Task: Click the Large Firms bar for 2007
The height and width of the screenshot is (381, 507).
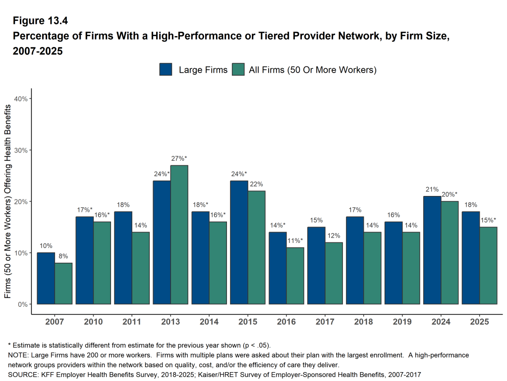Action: pyautogui.click(x=46, y=278)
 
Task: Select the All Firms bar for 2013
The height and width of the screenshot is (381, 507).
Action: pyautogui.click(x=179, y=235)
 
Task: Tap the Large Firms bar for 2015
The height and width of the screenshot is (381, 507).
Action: pyautogui.click(x=239, y=242)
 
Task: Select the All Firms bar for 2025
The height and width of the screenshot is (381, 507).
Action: pyautogui.click(x=489, y=265)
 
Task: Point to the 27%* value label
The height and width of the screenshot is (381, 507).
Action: pyautogui.click(x=179, y=158)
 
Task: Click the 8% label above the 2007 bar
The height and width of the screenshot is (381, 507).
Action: pyautogui.click(x=63, y=256)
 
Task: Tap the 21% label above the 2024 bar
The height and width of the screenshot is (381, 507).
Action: pyautogui.click(x=432, y=190)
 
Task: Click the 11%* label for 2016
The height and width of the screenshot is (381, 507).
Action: pyautogui.click(x=295, y=241)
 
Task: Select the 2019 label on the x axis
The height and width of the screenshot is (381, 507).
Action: pyautogui.click(x=402, y=322)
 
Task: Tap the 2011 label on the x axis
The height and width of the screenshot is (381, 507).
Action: pyautogui.click(x=132, y=322)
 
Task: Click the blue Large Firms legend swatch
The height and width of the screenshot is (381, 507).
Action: pyautogui.click(x=166, y=70)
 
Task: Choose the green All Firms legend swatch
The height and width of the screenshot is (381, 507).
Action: pyautogui.click(x=239, y=70)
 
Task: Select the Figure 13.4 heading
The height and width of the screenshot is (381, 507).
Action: pyautogui.click(x=40, y=21)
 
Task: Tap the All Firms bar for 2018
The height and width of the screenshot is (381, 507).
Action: pyautogui.click(x=373, y=268)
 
